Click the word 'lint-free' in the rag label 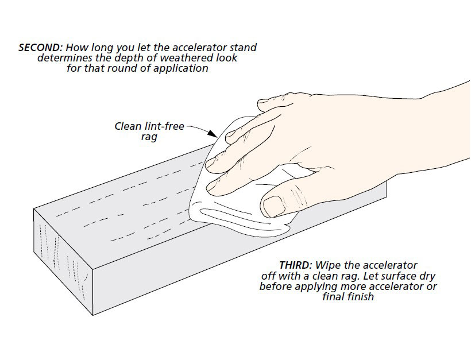click(165, 126)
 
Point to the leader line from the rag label click(201, 129)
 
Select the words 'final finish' click(348, 297)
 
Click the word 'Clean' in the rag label click(128, 126)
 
